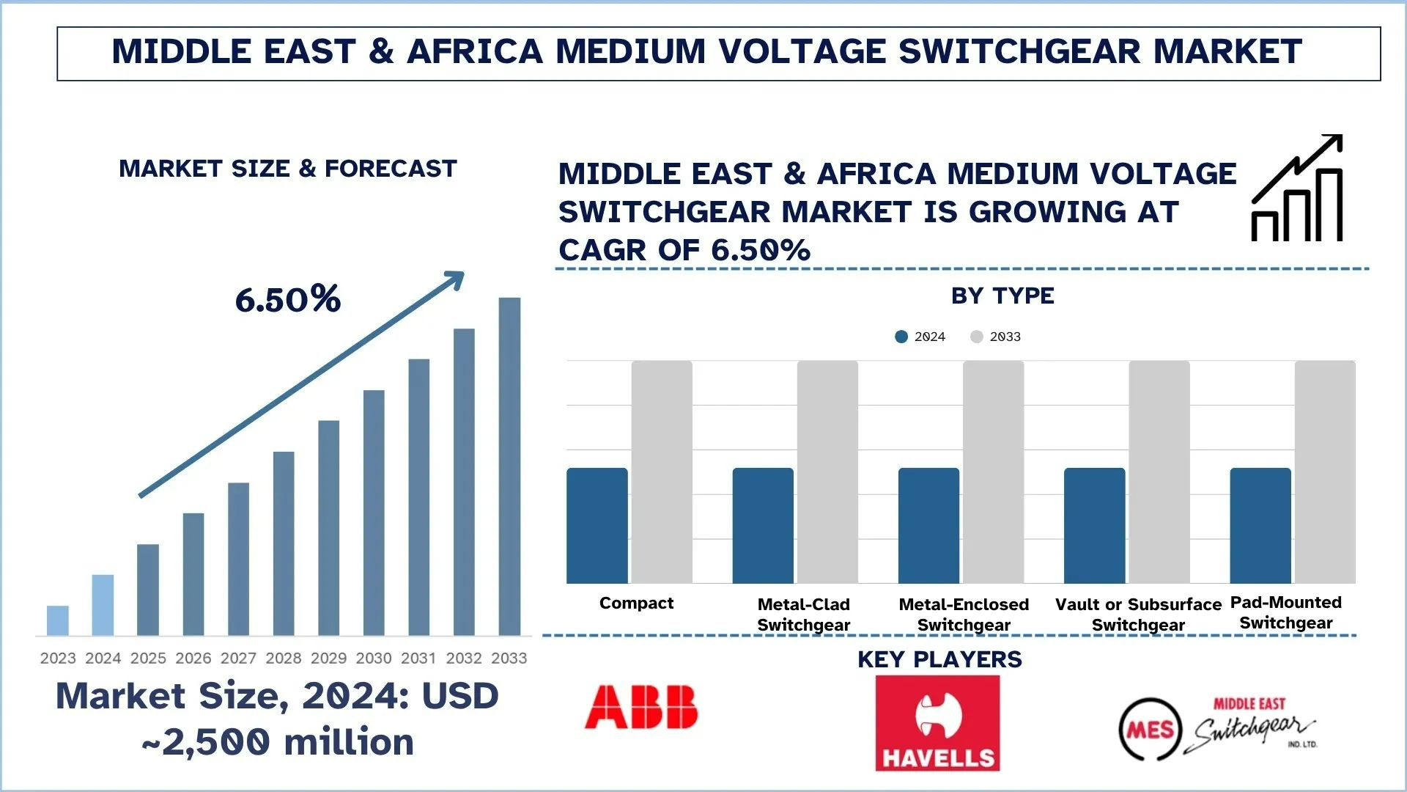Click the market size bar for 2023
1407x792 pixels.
58,620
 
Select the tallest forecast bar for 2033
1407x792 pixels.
509,466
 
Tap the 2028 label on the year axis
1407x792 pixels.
284,659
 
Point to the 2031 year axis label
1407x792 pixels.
418,659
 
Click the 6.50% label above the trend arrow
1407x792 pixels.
288,299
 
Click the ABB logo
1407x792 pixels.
641,707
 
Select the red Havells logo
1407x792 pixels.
937,723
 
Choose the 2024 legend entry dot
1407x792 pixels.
901,337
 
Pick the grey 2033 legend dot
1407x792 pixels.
976,337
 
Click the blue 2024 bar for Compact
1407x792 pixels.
597,526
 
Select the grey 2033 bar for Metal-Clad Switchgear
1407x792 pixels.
827,472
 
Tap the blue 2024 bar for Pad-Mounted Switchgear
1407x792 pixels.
1260,526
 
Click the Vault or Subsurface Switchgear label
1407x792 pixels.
1138,615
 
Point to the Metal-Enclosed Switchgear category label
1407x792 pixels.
964,615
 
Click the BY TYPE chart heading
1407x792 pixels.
1002,296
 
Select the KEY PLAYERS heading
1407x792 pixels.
939,659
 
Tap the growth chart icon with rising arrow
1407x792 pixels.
1297,188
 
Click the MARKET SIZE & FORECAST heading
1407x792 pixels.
288,169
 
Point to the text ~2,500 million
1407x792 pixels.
278,742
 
